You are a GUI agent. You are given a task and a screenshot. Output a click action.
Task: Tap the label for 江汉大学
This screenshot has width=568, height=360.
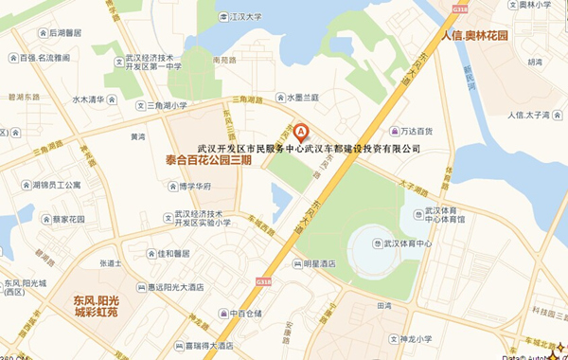coord(245,16)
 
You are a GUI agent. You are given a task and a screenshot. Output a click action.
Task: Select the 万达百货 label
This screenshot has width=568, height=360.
coord(416,131)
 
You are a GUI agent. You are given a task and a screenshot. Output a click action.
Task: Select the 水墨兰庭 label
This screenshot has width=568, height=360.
coord(303,97)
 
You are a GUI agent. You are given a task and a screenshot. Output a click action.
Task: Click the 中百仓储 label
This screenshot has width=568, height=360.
coord(248,313)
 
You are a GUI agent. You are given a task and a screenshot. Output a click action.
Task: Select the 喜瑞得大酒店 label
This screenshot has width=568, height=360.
coord(218,346)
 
